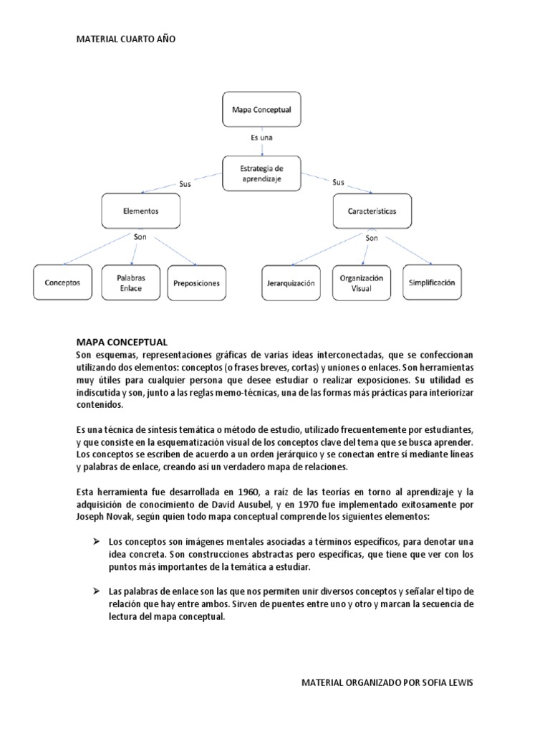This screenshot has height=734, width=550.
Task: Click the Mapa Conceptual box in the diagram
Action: point(262,110)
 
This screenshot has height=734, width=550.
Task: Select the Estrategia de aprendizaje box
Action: point(262,173)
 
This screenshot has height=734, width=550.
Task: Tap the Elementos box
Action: point(140,212)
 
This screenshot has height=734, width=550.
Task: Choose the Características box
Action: point(372,212)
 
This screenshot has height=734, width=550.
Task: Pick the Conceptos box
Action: point(62,282)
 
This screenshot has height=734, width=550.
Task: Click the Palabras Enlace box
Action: point(131,282)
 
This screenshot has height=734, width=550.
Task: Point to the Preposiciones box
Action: point(197,282)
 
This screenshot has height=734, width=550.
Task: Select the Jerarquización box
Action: point(289,283)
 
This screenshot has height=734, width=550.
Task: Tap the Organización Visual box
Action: point(362,282)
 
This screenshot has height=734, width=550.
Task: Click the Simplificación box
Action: point(431,282)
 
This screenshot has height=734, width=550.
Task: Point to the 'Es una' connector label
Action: point(261,137)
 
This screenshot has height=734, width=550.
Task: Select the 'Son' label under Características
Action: point(371,238)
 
